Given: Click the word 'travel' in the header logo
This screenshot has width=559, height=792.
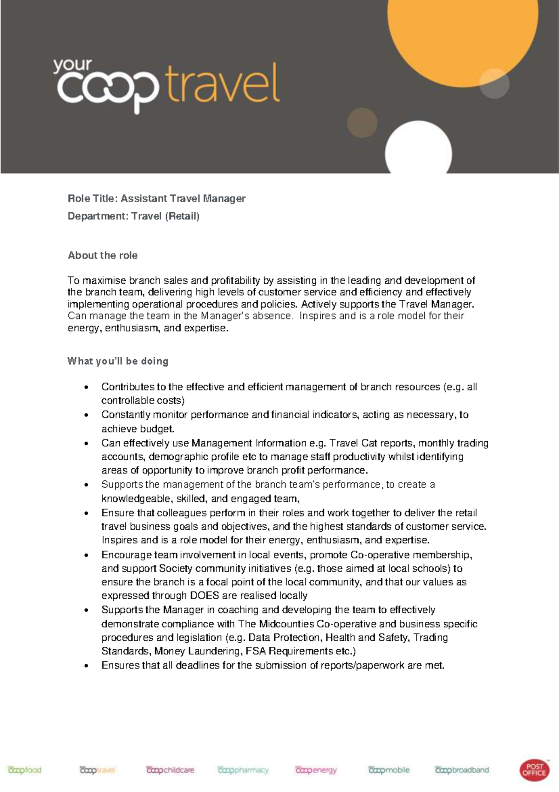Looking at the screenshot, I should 223,85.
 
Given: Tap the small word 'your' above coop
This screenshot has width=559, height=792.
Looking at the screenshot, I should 72,66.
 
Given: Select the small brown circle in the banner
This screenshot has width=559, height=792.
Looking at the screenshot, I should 362,122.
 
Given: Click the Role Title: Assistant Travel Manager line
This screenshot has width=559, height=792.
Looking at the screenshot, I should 157,198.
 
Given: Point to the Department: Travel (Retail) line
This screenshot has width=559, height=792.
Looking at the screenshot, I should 133,216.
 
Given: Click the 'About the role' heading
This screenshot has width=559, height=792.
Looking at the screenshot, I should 102,255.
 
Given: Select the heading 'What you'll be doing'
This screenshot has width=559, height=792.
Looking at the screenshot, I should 118,361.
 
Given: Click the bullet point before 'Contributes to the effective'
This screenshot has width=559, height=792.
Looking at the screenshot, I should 86,388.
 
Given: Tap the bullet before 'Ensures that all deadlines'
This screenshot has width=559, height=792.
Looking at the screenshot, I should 86,666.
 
